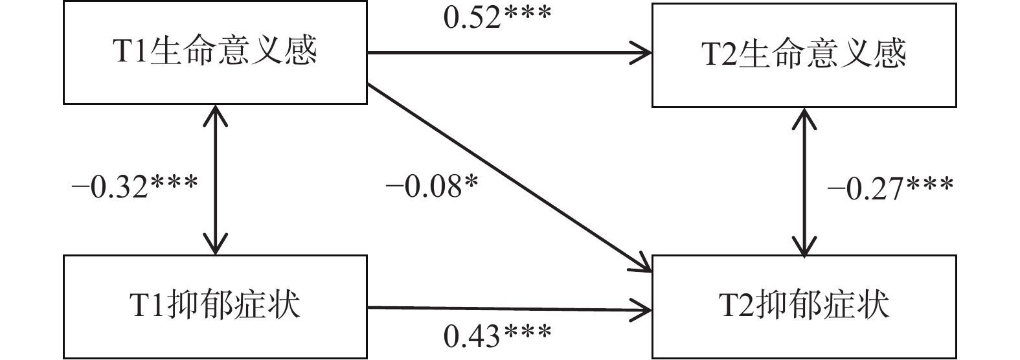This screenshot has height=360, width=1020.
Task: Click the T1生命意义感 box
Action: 215,52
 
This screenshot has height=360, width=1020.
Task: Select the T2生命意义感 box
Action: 804,55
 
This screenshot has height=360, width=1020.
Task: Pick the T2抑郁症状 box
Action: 804,306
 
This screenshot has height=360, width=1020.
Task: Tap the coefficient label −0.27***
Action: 890,188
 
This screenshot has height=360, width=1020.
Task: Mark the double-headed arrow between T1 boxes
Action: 215,179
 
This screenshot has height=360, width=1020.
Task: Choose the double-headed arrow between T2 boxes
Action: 804,181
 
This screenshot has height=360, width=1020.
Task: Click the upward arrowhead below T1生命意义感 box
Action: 215,113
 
